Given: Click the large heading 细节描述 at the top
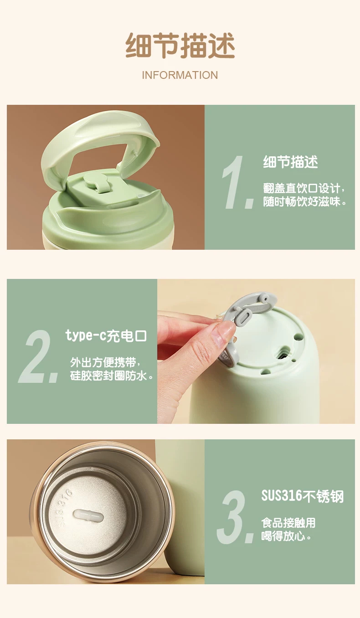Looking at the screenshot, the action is [180, 46].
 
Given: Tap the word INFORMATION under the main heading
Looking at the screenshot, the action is [180, 75].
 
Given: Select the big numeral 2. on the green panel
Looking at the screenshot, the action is [38, 356].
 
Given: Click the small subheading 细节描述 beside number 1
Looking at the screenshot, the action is [290, 162].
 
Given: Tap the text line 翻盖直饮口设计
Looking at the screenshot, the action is [304, 188].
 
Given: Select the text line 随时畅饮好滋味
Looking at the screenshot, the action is [304, 202].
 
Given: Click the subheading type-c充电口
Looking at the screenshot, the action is [106, 336].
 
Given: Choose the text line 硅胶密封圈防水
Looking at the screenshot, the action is [112, 376].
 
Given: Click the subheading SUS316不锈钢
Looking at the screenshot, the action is [303, 496].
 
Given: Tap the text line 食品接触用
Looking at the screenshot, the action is [288, 523].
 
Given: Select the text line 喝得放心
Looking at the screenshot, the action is [286, 536].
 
